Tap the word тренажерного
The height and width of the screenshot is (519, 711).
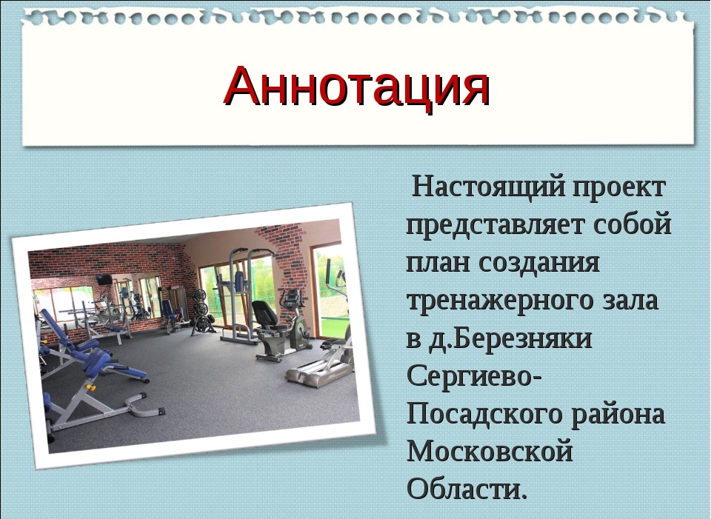(x=500, y=301)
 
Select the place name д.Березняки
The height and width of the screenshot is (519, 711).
(x=510, y=339)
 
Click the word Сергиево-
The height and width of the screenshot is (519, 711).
(x=474, y=377)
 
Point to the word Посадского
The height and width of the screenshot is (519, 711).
(x=484, y=415)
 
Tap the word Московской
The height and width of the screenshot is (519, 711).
(x=490, y=451)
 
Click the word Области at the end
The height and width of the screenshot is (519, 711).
(x=467, y=488)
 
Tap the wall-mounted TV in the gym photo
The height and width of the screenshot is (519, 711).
(x=104, y=279)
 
